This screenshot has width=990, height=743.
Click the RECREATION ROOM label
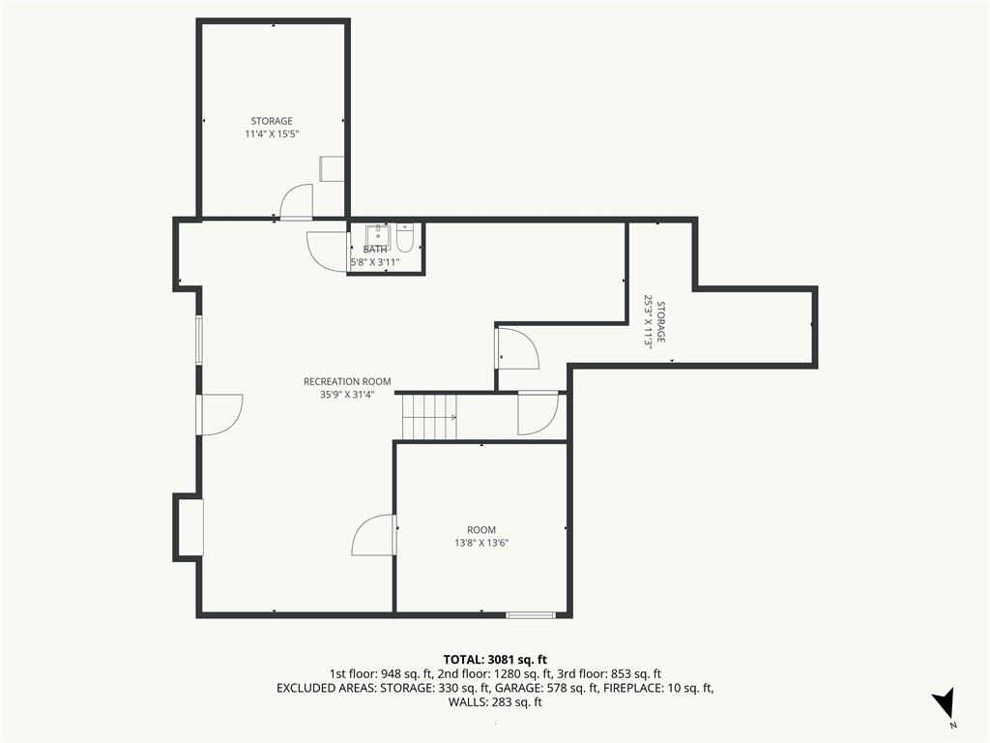coord(347,381)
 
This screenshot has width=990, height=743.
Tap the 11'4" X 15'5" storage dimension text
coord(272,134)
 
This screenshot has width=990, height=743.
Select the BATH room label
coord(375,250)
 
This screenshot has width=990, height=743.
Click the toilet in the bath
coord(405,238)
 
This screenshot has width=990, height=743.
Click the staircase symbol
coord(429,417)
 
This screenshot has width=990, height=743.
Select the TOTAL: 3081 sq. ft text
coord(495,660)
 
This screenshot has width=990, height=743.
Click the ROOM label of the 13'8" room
coord(481,530)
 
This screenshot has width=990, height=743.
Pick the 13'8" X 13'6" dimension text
coord(481,543)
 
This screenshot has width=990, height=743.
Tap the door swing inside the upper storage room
coord(296,201)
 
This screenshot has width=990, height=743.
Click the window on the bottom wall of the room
coord(531,614)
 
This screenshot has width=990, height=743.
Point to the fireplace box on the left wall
coord(189,527)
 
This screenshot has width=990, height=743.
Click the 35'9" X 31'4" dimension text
coord(347,395)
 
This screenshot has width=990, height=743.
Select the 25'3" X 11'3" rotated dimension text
coord(647,321)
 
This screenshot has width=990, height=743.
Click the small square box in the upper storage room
coord(333,168)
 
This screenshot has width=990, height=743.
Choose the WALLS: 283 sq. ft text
coord(495,702)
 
